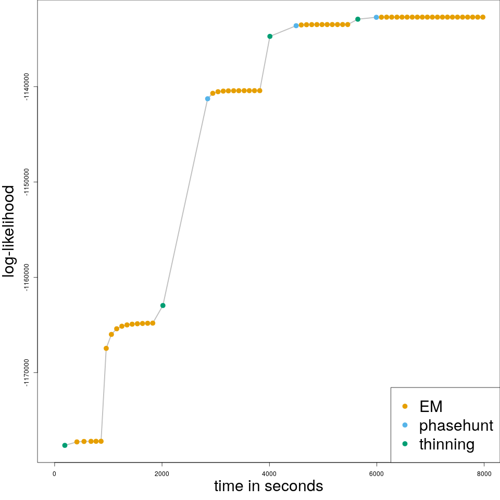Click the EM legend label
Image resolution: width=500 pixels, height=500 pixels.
point(431,406)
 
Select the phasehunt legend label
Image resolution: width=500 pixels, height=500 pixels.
point(456,426)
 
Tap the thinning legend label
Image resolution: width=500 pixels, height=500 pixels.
point(447,444)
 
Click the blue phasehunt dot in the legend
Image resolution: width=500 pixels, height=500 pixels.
point(405,425)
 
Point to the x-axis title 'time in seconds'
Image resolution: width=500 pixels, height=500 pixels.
point(268,486)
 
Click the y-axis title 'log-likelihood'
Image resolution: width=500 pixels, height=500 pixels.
point(9,231)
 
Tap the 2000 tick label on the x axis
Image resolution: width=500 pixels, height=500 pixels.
point(162,473)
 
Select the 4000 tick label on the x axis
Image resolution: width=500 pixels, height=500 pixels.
point(269,473)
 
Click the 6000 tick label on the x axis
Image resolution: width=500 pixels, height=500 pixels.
point(377,473)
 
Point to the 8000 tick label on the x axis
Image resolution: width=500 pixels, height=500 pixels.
point(484,473)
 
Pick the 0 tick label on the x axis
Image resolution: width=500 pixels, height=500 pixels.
point(54,473)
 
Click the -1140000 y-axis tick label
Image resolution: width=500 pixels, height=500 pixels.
point(26,86)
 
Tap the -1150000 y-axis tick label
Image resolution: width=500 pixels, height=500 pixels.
point(26,182)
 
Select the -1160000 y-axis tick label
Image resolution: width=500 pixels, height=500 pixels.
point(26,277)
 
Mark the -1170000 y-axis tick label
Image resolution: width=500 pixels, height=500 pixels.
point(26,372)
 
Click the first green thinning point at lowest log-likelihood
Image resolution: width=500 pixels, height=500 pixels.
point(65,445)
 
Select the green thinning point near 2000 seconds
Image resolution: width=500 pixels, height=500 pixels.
point(163,305)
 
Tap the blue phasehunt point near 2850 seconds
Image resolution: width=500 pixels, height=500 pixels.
point(207,98)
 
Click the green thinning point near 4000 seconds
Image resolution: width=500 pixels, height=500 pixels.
point(270,36)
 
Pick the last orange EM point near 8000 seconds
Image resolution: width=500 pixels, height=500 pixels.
point(483,17)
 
